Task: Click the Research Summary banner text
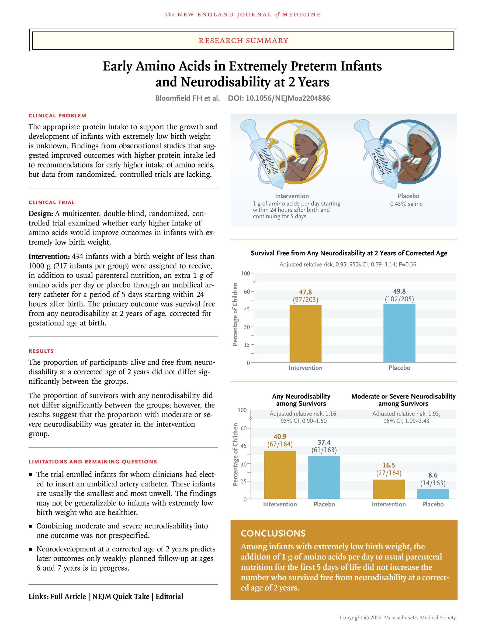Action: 243,40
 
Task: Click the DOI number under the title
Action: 279,98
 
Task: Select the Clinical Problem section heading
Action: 57,116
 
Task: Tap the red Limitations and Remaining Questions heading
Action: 93,462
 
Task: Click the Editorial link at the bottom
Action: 169,596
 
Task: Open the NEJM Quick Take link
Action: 121,596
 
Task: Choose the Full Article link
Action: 68,596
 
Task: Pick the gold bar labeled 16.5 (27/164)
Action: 389,489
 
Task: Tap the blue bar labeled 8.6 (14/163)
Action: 433,493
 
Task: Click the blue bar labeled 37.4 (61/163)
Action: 324,477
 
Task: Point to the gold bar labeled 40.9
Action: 280,475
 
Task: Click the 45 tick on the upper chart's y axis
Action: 247,309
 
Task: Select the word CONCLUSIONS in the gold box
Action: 273,533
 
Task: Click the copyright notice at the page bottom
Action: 398,617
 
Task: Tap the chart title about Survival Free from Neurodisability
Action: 349,253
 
